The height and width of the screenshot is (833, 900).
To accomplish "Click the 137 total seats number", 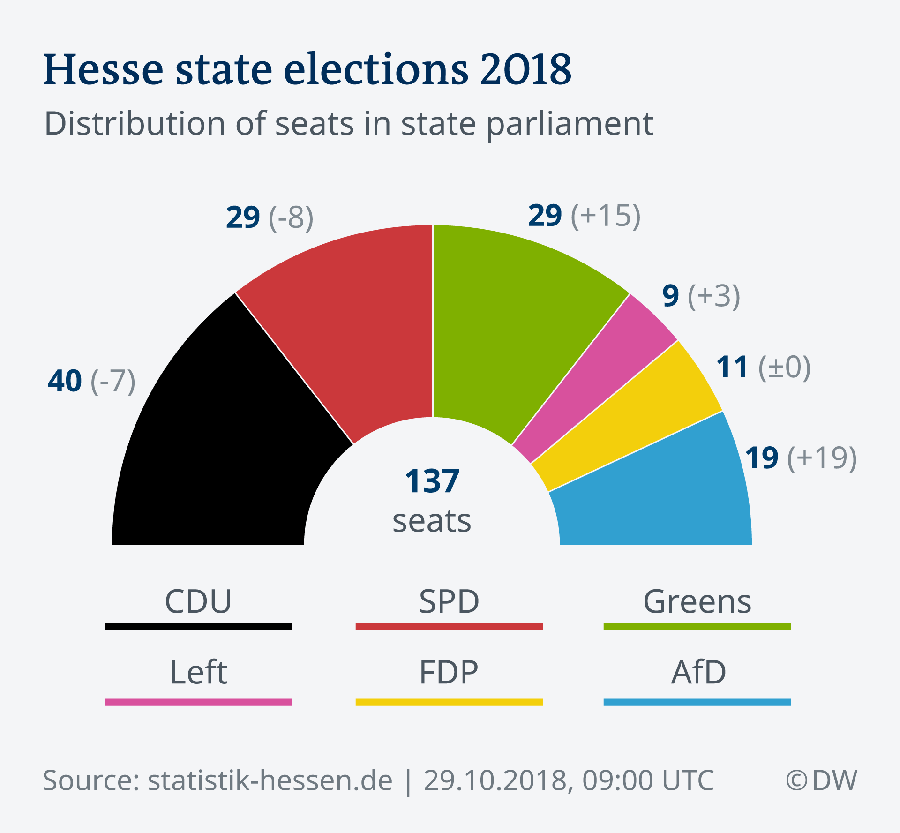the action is pyautogui.click(x=432, y=481).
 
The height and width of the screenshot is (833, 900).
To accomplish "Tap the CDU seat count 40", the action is pyautogui.click(x=65, y=381).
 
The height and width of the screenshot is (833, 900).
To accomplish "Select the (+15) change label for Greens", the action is pyautogui.click(x=606, y=216).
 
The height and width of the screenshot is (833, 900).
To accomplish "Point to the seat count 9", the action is pyautogui.click(x=670, y=296).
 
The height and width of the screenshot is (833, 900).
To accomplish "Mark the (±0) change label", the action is pyautogui.click(x=785, y=367).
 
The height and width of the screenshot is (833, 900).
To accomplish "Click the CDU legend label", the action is pyautogui.click(x=198, y=601).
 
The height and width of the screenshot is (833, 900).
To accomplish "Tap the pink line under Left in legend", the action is pyautogui.click(x=198, y=702).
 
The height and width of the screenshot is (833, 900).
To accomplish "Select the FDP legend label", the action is pyautogui.click(x=449, y=672).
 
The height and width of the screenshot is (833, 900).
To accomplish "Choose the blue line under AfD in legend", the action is pyautogui.click(x=697, y=702).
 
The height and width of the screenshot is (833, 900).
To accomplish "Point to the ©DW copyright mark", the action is pyautogui.click(x=821, y=780).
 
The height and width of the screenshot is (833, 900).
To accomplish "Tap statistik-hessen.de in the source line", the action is pyautogui.click(x=270, y=780).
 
